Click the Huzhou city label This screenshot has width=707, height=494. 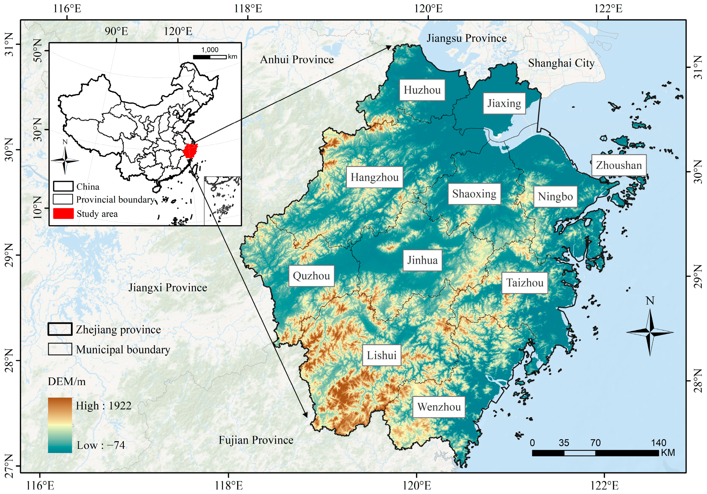(422, 90)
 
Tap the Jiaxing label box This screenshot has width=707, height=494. (504, 103)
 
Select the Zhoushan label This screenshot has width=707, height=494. (618, 165)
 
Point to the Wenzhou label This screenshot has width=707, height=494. (439, 407)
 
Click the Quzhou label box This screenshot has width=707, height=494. (311, 276)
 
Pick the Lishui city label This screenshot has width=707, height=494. (381, 355)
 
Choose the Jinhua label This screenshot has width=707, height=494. (422, 260)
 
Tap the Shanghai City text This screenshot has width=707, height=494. (561, 63)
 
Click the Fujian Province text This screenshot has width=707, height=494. (256, 440)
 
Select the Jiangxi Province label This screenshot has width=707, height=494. (167, 287)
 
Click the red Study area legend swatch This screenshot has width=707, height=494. (63, 214)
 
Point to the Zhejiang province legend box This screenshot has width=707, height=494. (60, 329)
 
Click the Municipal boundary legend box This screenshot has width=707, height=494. (60, 349)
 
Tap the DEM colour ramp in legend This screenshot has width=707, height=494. (60, 425)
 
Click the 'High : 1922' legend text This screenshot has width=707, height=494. (104, 406)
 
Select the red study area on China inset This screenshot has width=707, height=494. (190, 151)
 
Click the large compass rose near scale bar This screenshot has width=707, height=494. (650, 332)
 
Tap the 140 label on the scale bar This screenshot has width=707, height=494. (658, 443)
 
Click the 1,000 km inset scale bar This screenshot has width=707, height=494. (209, 57)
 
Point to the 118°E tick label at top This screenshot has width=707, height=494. (248, 8)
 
